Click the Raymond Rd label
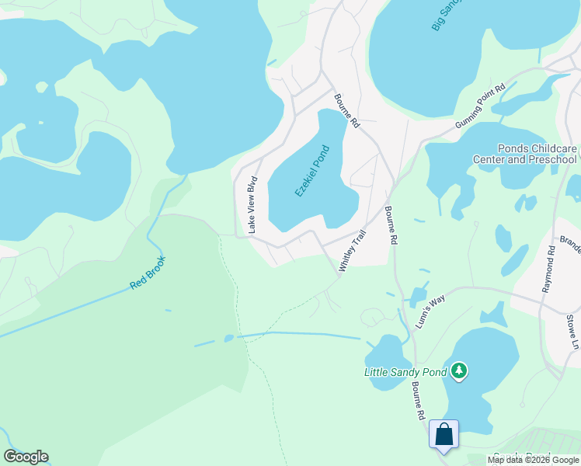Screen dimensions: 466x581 click(549, 269)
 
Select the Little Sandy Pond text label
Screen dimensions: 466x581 click(405, 372)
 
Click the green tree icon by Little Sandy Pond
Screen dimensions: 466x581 click(460, 371)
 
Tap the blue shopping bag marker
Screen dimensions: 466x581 click(444, 434)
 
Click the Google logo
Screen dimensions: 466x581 click(26, 457)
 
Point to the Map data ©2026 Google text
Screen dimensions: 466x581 click(534, 460)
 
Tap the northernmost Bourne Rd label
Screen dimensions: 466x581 click(347, 111)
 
